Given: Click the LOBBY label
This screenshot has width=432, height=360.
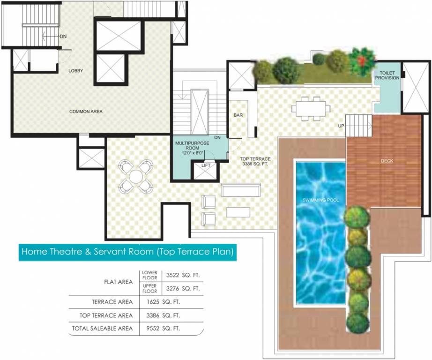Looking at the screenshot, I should coord(75,71).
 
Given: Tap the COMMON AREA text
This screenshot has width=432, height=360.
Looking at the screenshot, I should coord(86,112).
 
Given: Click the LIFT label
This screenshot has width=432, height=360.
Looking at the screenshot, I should coord(206,165).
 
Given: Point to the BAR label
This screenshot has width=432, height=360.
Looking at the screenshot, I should coord(238,115).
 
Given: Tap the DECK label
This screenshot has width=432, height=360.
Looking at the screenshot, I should coord(387,161).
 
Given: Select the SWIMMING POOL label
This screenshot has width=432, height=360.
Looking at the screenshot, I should coord(320,200).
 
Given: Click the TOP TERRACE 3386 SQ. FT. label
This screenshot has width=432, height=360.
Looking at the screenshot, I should coord(255,162).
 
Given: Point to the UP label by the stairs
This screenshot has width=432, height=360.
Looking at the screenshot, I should coord(342,126).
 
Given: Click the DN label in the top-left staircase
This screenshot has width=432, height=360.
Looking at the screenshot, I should coord(62,36).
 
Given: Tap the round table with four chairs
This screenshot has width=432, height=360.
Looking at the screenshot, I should coord(136,176).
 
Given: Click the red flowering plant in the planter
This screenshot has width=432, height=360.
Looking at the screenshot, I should coord(362,60).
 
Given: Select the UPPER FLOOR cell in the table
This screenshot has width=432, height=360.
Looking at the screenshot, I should coord(150,288).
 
